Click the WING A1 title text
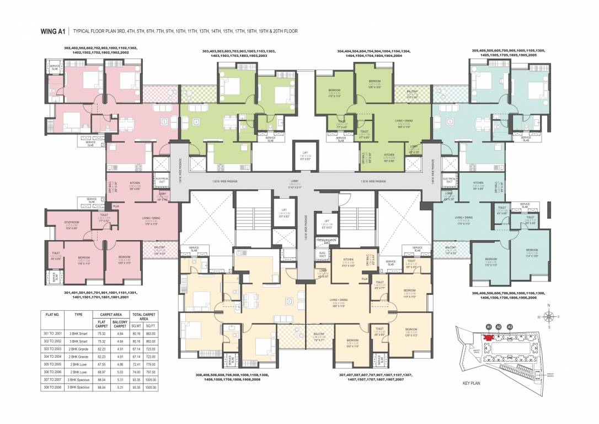click(x=54, y=31)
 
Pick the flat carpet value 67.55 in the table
click(x=101, y=364)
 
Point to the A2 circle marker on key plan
click(x=499, y=327)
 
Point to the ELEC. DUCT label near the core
click(x=323, y=255)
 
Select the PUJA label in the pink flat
click(x=116, y=206)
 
